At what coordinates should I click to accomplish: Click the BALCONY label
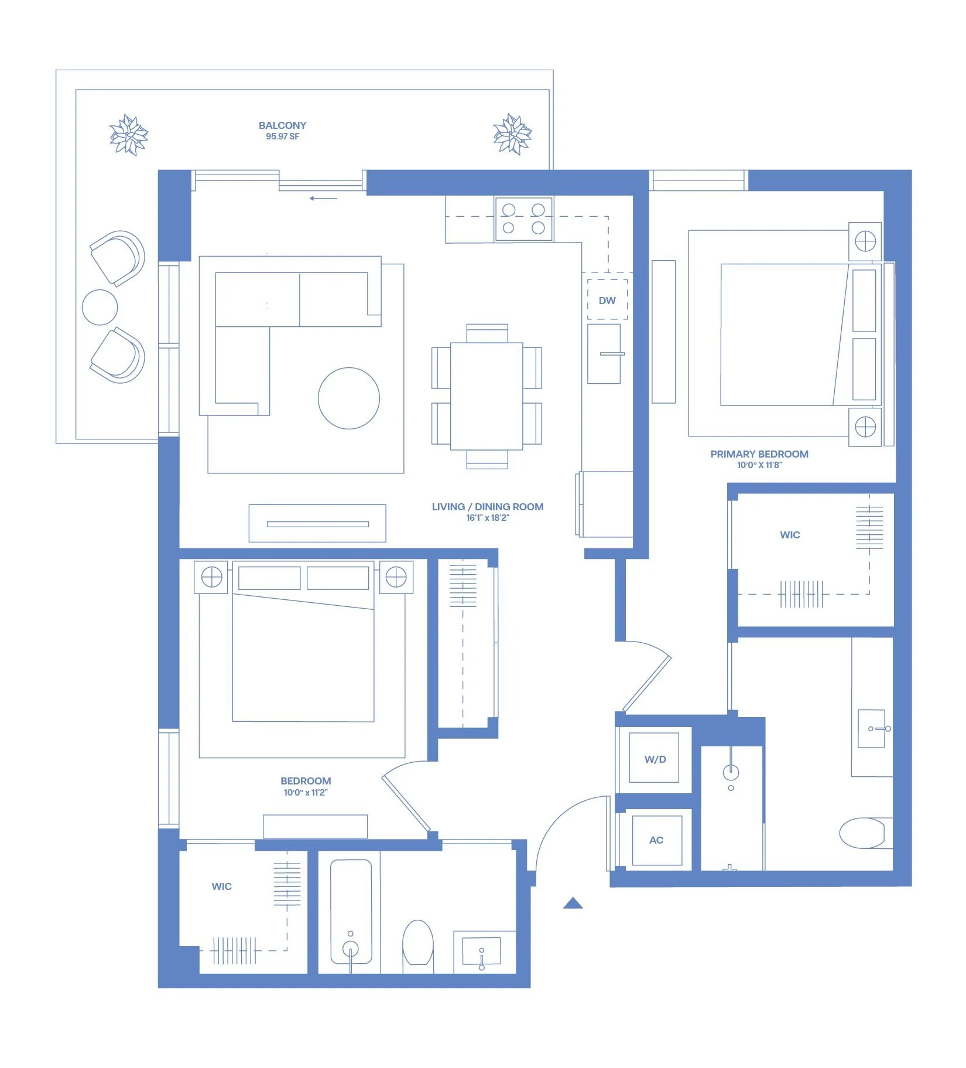pyautogui.click(x=282, y=125)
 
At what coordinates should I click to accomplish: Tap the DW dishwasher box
pyautogui.click(x=607, y=299)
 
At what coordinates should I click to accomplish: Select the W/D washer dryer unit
pyautogui.click(x=655, y=758)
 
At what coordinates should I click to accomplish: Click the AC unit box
pyautogui.click(x=656, y=840)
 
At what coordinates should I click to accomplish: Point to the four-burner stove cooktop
pyautogui.click(x=523, y=219)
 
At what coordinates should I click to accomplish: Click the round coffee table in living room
pyautogui.click(x=349, y=398)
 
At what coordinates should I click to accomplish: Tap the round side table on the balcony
pyautogui.click(x=100, y=307)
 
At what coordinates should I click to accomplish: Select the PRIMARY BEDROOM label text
pyautogui.click(x=759, y=454)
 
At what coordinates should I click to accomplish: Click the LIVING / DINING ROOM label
pyautogui.click(x=488, y=507)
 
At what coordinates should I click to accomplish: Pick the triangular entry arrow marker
pyautogui.click(x=573, y=903)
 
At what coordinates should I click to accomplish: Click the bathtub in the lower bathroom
pyautogui.click(x=351, y=912)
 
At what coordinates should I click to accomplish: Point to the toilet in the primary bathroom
pyautogui.click(x=866, y=832)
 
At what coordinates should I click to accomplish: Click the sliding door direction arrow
pyautogui.click(x=323, y=198)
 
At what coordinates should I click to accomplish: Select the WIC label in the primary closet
pyautogui.click(x=790, y=535)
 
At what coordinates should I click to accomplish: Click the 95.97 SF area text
pyautogui.click(x=282, y=137)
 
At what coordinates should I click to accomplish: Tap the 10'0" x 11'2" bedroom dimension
pyautogui.click(x=306, y=793)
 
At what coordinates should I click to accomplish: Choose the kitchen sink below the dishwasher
pyautogui.click(x=604, y=354)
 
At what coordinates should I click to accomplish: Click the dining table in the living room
pyautogui.click(x=487, y=397)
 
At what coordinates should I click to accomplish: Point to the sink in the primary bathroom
pyautogui.click(x=872, y=729)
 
